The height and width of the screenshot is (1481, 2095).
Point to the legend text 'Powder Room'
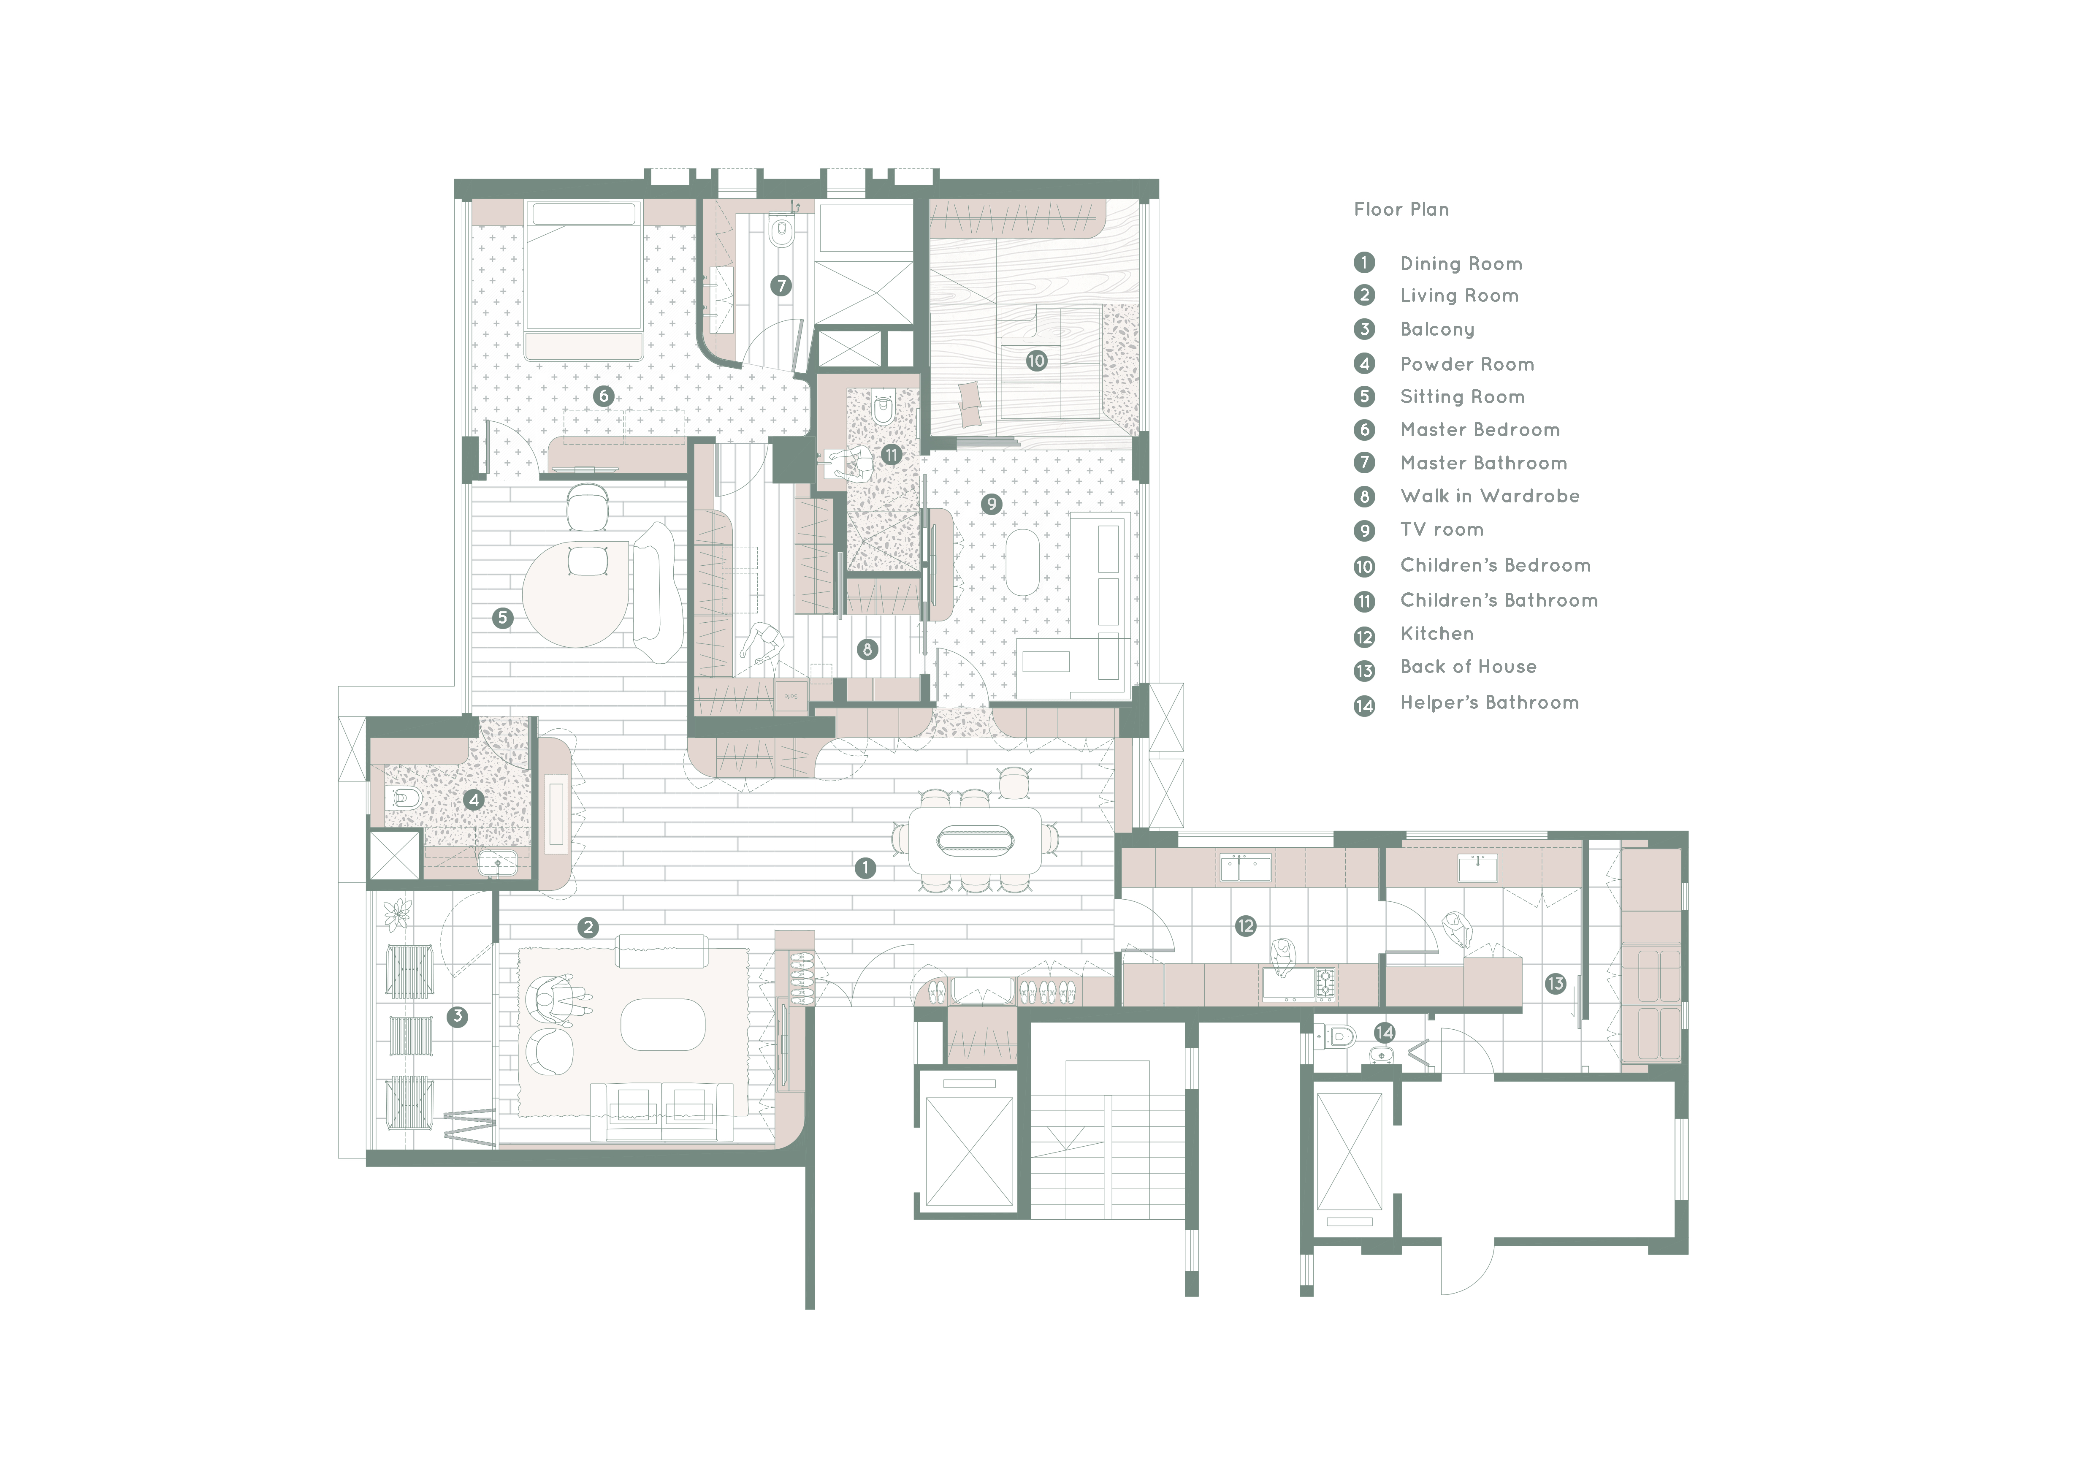(1467, 364)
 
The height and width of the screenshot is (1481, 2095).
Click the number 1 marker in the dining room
(865, 868)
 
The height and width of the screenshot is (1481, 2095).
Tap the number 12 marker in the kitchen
(1246, 926)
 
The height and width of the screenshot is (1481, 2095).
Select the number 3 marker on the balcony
(457, 1016)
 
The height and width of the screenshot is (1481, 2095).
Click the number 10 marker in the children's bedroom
(1035, 361)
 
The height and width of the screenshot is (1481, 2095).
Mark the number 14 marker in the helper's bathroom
(1384, 1032)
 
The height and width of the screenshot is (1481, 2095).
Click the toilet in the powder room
(404, 800)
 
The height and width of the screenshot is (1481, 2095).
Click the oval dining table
(975, 841)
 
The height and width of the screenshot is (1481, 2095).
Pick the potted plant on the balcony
(398, 914)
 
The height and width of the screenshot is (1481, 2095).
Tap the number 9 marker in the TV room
(992, 504)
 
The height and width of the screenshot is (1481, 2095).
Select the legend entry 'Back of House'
(1468, 667)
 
